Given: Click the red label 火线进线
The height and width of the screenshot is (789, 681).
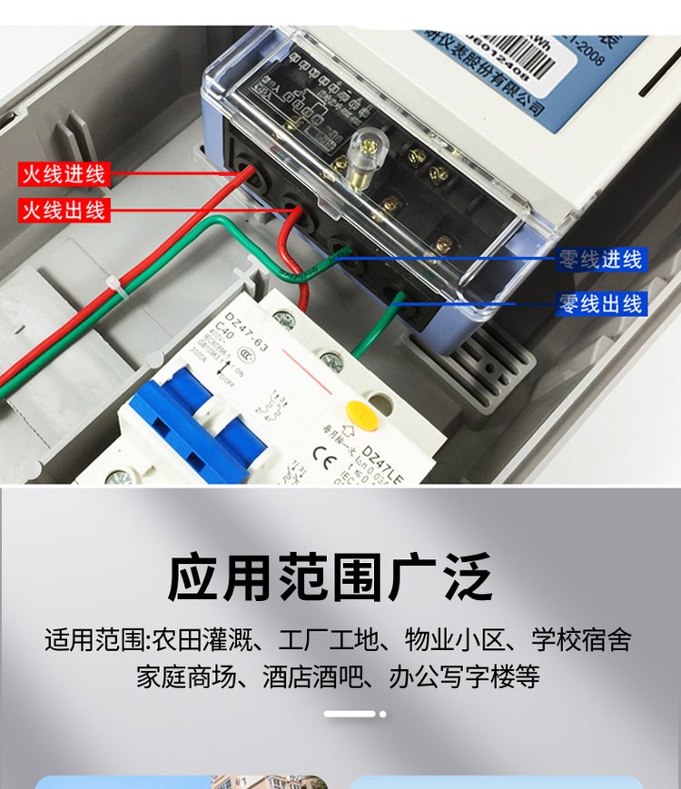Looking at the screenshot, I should pos(64,173).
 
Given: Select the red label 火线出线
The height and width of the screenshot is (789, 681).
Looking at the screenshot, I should pos(64,211).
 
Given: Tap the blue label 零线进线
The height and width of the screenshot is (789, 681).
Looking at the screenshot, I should pos(600,261).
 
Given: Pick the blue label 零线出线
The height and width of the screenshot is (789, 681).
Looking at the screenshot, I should pos(600,303).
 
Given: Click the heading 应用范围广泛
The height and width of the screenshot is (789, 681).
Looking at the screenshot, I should pos(331,577).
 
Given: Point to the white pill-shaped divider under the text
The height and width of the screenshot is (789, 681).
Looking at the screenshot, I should pos(350,714).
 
